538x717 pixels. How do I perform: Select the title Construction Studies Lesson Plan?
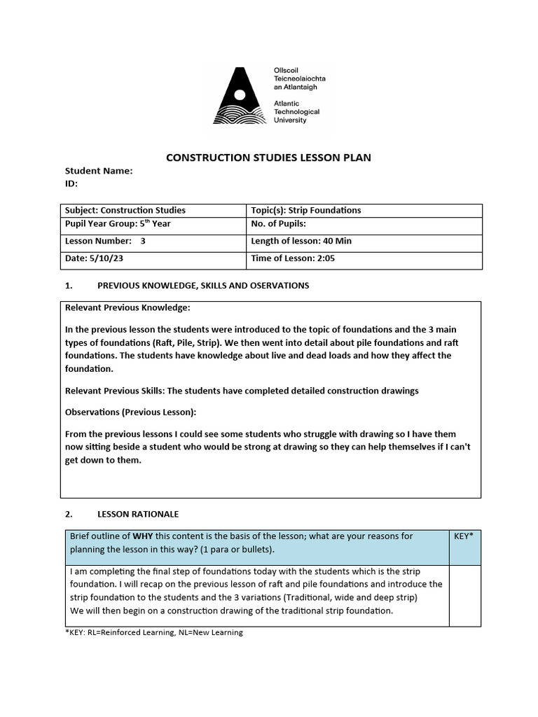268,158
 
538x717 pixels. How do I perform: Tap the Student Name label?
99,171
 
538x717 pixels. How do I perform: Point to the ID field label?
71,183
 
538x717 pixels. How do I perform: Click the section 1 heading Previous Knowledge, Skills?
202,286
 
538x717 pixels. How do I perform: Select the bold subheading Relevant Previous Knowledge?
127,307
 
